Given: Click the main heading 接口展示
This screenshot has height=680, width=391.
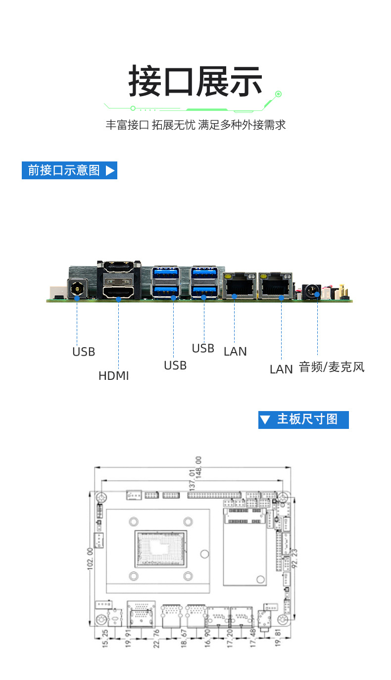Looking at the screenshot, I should click(x=195, y=82).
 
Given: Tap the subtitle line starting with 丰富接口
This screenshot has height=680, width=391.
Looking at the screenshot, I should click(x=195, y=125).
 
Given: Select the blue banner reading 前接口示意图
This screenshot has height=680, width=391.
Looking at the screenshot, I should click(x=69, y=170).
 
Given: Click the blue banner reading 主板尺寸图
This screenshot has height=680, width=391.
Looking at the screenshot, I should click(x=303, y=419).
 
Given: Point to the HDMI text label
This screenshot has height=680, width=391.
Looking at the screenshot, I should click(x=113, y=376).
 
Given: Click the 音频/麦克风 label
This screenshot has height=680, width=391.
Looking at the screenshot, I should click(x=332, y=367).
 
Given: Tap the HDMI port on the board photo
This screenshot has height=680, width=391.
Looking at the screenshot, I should click(x=119, y=291).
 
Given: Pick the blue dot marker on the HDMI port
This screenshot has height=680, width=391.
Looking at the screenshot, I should click(x=118, y=299).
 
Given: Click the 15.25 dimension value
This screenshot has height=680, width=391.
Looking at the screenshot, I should click(x=105, y=638).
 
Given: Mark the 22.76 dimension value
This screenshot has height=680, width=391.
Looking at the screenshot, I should click(x=156, y=638).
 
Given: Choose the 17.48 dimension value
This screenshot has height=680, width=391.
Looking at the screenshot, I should click(x=252, y=638).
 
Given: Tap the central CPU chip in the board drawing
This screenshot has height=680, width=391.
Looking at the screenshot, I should click(x=160, y=549).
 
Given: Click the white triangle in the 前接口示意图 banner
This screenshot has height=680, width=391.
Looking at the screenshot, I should click(x=110, y=170).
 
